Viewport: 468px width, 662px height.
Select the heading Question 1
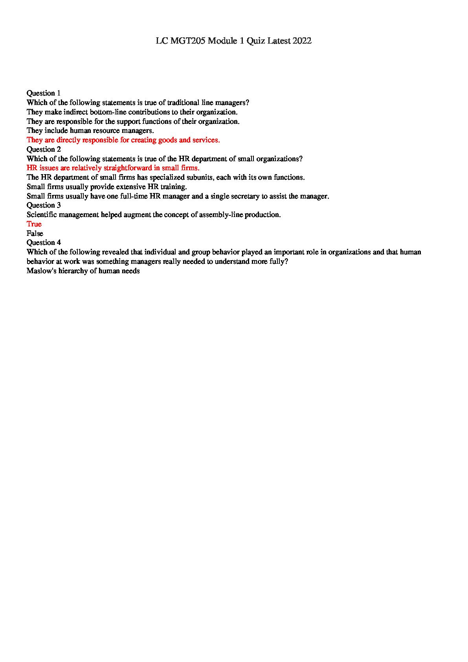click(x=44, y=93)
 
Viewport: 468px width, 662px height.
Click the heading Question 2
click(x=44, y=149)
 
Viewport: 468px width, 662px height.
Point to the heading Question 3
click(x=44, y=205)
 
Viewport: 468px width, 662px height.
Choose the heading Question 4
click(x=44, y=243)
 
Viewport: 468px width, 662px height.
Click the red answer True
click(x=34, y=224)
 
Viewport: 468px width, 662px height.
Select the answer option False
click(x=35, y=234)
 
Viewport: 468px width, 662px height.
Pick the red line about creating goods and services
click(x=123, y=140)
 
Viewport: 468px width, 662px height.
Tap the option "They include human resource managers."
click(x=90, y=131)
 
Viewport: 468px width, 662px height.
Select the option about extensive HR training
click(x=106, y=187)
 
